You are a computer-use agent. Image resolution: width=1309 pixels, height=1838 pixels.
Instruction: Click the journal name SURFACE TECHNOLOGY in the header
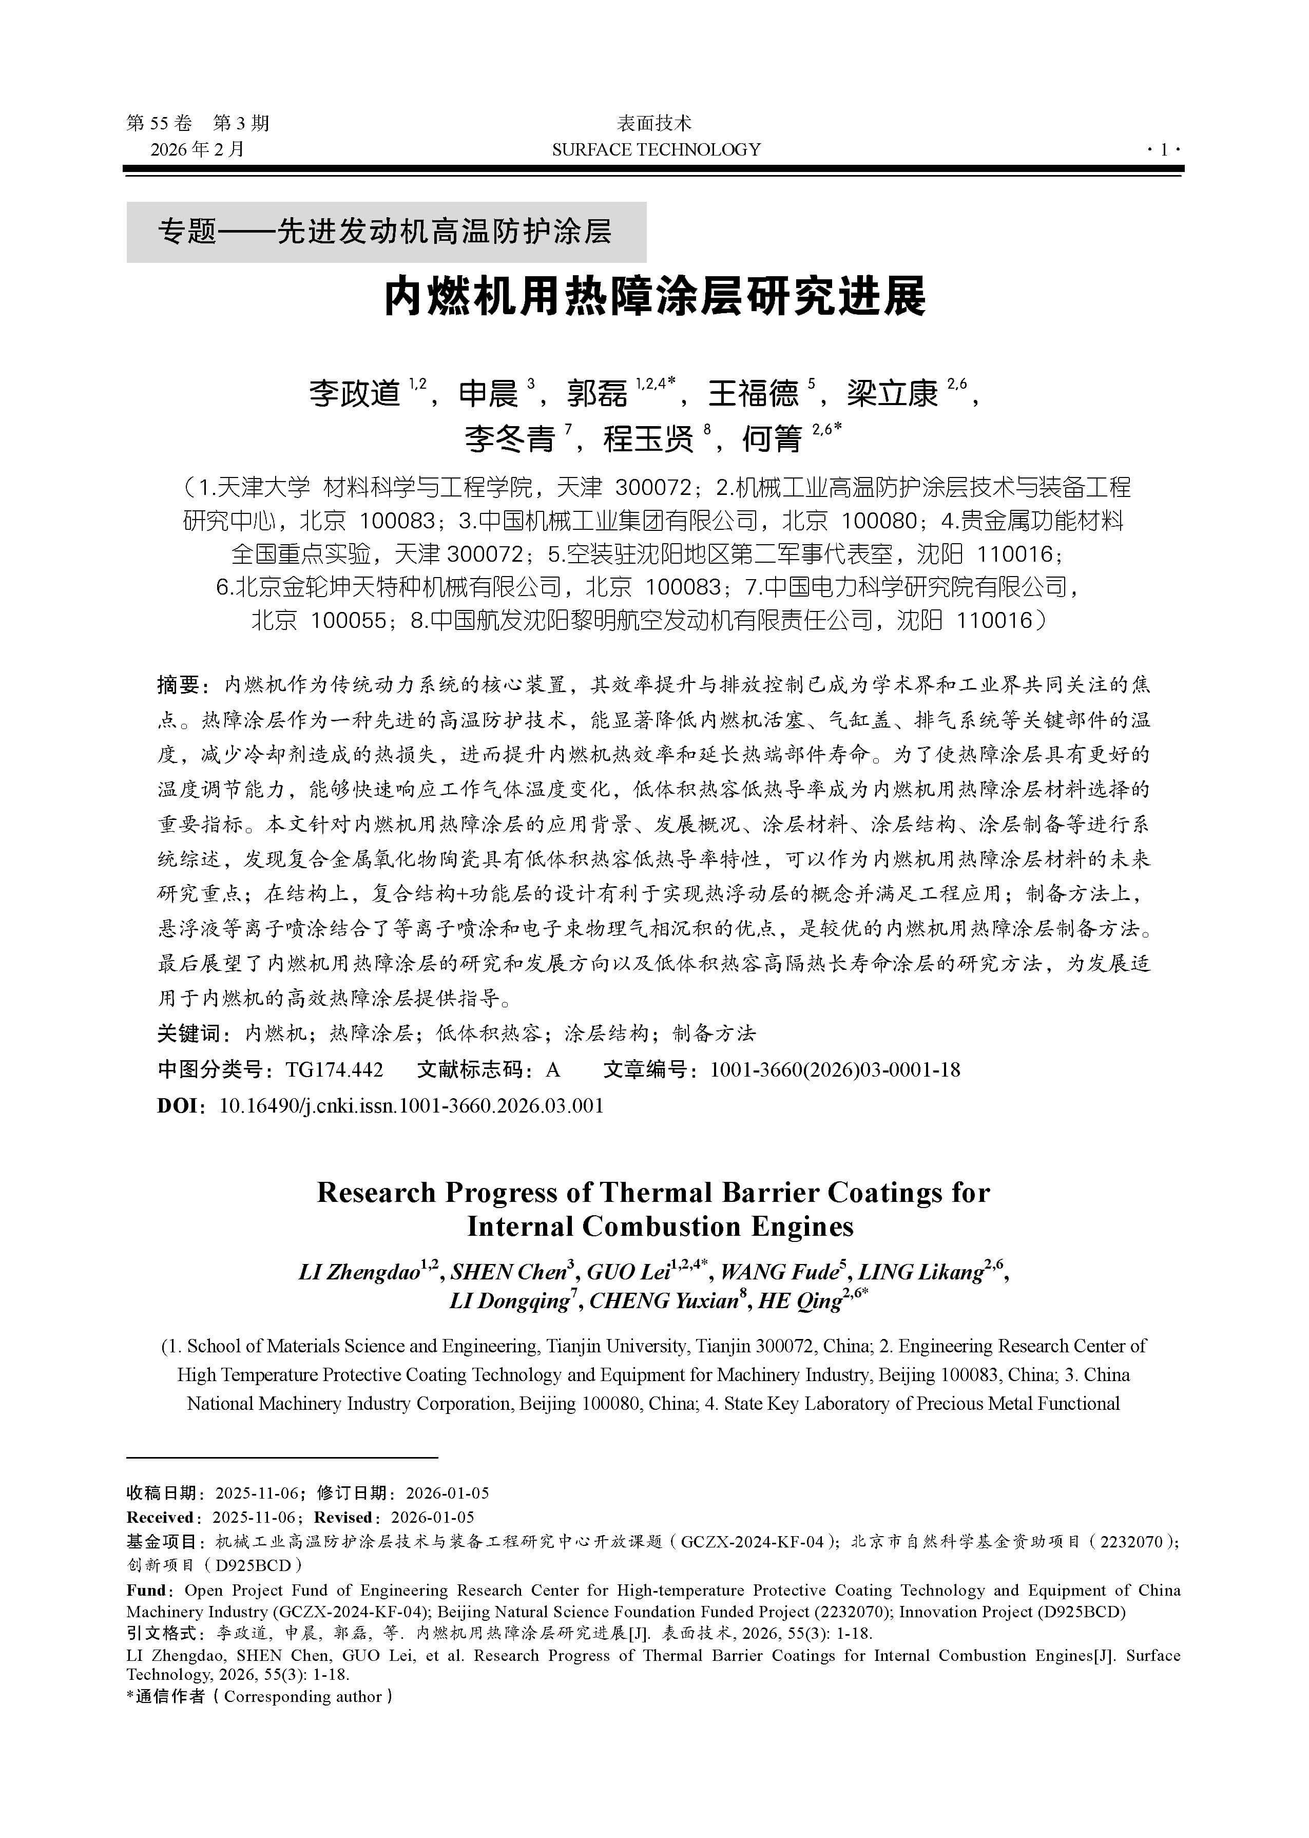coord(656,149)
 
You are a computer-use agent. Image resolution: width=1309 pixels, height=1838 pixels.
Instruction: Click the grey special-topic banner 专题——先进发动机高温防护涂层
coord(386,232)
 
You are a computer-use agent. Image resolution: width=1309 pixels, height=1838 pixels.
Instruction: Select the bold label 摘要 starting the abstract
coord(177,685)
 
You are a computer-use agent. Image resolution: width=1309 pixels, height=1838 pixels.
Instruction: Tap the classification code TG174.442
coord(335,1070)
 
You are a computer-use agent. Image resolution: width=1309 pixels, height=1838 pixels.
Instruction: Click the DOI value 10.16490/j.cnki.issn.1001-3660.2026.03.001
coord(411,1105)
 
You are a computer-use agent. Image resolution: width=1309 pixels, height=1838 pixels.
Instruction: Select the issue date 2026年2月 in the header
coord(198,149)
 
